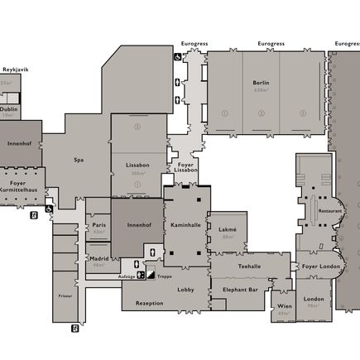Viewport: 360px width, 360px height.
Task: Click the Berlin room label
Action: (261, 83)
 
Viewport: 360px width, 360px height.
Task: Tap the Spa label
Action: (79, 160)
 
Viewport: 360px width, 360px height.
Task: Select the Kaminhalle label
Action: (185, 224)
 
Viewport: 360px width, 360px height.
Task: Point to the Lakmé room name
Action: (228, 229)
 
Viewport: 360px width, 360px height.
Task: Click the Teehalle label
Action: (249, 266)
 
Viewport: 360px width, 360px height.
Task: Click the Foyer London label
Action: (320, 266)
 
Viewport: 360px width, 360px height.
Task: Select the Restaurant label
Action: (329, 210)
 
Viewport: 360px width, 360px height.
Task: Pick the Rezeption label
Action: (149, 303)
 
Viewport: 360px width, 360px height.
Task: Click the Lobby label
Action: (185, 289)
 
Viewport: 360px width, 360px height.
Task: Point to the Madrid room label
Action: (99, 258)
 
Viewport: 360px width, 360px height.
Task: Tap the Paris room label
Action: (99, 224)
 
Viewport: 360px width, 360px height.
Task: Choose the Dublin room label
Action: (9, 108)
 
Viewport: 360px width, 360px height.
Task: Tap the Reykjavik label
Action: (15, 70)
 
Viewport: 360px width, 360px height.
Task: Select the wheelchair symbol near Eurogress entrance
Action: (177, 57)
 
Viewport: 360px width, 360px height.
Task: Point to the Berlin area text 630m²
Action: (261, 89)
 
